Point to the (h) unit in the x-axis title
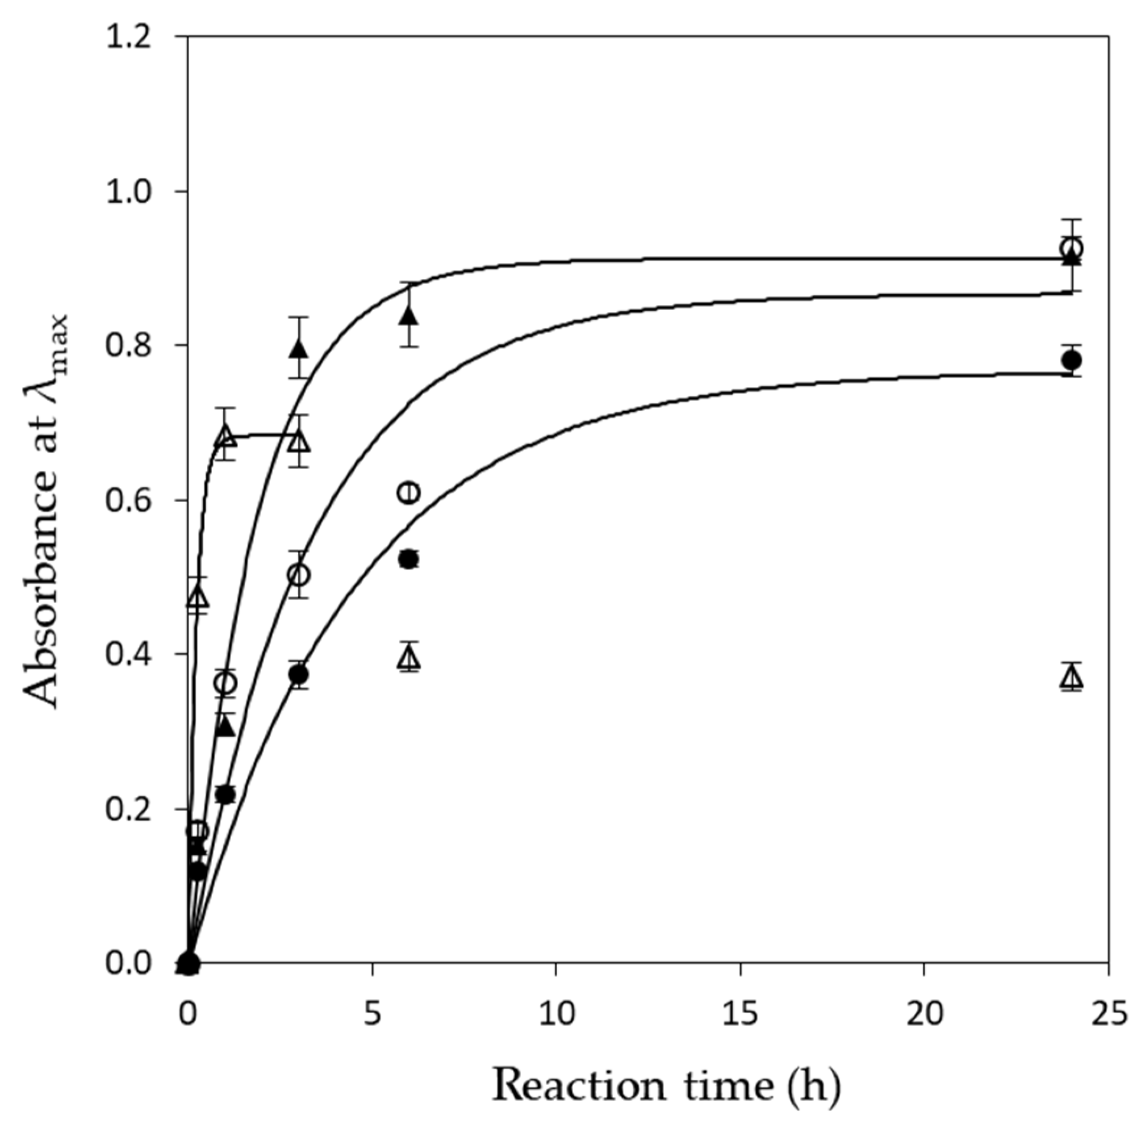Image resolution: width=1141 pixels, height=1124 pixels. pyautogui.click(x=813, y=1085)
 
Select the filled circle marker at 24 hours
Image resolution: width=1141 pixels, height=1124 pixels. pyautogui.click(x=1071, y=360)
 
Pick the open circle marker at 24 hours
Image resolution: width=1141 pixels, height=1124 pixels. pyautogui.click(x=1071, y=249)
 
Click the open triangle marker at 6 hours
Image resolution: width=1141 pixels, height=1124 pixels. pyautogui.click(x=409, y=657)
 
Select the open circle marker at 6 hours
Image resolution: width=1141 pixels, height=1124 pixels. pyautogui.click(x=409, y=492)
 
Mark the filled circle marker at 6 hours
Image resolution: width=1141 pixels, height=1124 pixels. pyautogui.click(x=409, y=559)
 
